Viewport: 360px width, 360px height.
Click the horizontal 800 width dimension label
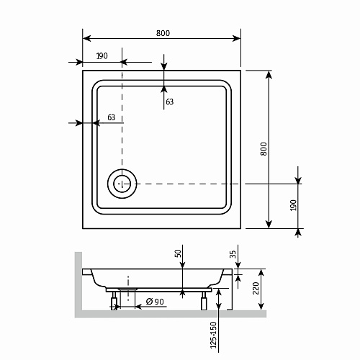(163, 33)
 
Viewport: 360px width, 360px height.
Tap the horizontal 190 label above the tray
(102, 55)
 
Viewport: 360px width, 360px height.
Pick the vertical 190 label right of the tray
(292, 207)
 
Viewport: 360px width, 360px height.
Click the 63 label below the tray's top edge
(169, 102)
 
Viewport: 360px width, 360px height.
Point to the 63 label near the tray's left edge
(111, 117)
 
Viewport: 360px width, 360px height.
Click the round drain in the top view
(121, 184)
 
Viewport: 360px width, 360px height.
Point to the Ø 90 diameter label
(153, 300)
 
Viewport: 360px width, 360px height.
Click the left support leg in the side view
(114, 301)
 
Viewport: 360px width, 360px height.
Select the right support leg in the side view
(205, 300)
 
